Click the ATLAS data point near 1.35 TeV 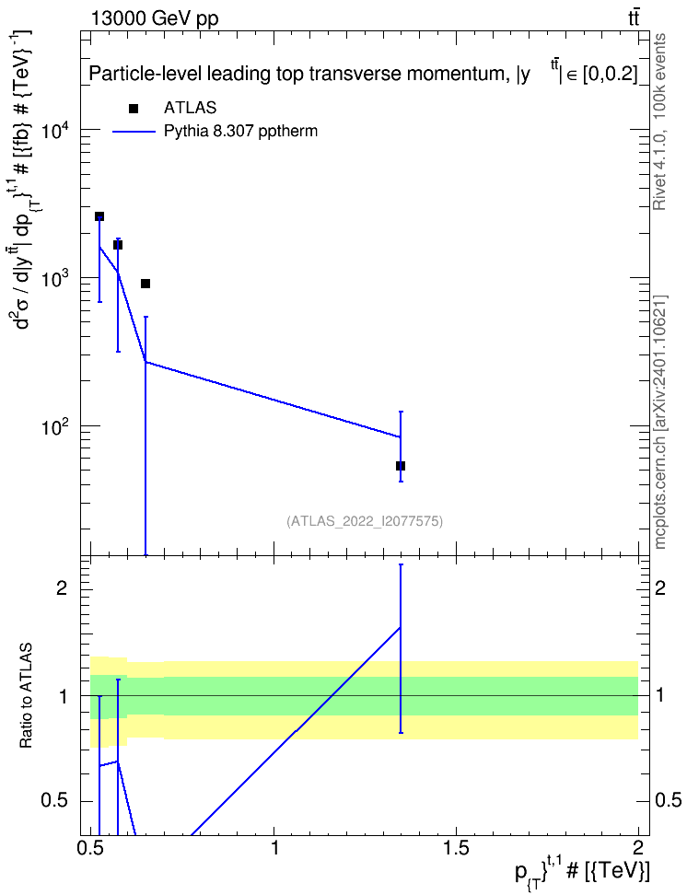[x=401, y=466]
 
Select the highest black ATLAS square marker [x=99, y=216]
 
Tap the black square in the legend [x=134, y=109]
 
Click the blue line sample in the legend [x=134, y=132]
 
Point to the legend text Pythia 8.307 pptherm [x=240, y=132]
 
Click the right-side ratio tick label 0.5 [x=668, y=801]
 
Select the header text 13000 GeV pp [x=154, y=18]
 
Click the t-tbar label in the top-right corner [x=634, y=18]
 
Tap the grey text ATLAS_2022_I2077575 [x=365, y=521]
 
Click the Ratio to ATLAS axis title [x=25, y=696]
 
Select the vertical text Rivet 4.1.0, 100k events [x=659, y=122]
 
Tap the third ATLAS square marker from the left [x=146, y=284]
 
